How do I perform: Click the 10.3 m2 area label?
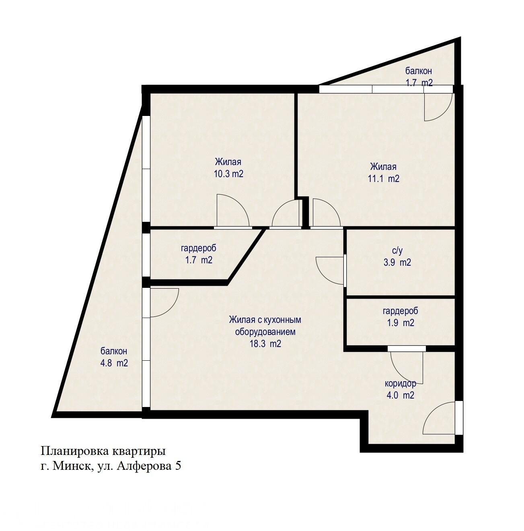click(228, 174)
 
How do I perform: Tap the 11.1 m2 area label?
click(384, 179)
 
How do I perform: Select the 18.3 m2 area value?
click(265, 344)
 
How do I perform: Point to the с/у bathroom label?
click(397, 250)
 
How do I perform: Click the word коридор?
click(400, 383)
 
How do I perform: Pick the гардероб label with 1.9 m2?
click(400, 311)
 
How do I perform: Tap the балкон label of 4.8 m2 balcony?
click(114, 351)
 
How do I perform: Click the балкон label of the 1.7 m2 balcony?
click(419, 71)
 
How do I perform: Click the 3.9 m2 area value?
click(397, 262)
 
